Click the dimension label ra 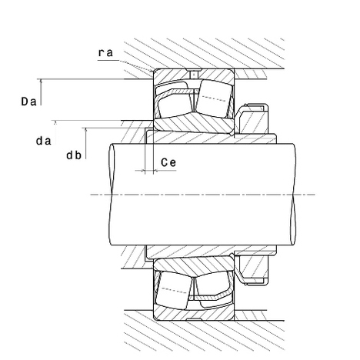click(x=105, y=53)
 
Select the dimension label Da click(x=28, y=102)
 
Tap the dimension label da click(x=44, y=141)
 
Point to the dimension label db click(x=74, y=155)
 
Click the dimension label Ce click(x=168, y=162)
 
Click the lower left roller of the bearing click(x=174, y=290)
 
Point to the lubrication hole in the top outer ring click(x=194, y=74)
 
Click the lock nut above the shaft click(x=252, y=119)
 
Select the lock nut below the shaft click(x=252, y=270)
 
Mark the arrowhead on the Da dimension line click(x=41, y=82)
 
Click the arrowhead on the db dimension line click(x=86, y=130)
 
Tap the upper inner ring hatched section click(x=193, y=125)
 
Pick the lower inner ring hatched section click(x=193, y=264)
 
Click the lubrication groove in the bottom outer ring click(x=194, y=319)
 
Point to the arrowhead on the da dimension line click(x=55, y=122)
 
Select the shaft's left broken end click(x=112, y=195)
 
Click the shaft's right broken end click(x=294, y=195)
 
